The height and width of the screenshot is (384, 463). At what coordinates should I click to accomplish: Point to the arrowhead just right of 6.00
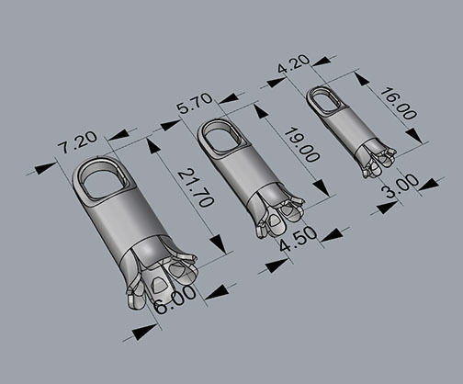click(x=217, y=293)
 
